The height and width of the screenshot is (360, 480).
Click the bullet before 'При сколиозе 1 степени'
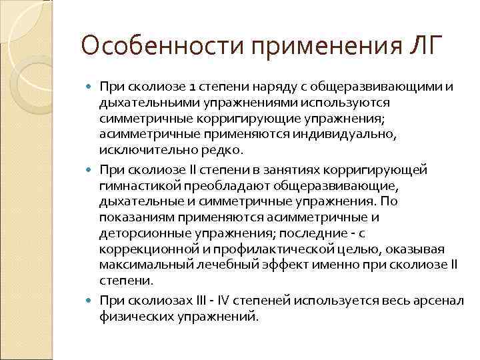click(91, 87)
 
